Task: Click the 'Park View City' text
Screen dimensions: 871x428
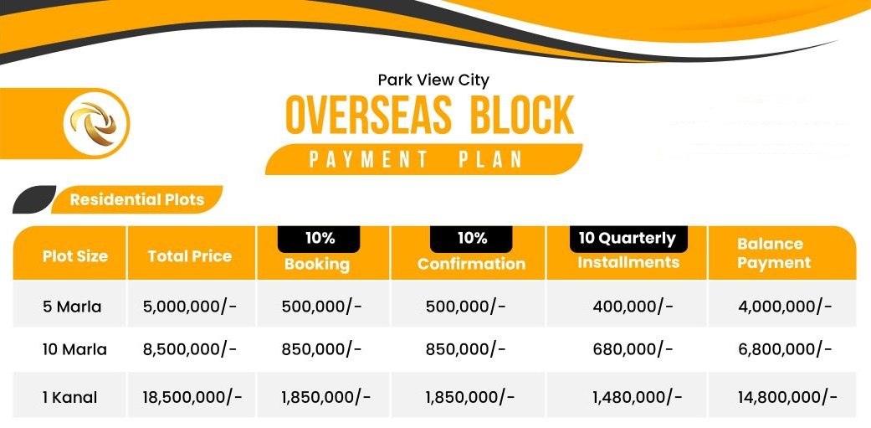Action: pyautogui.click(x=433, y=80)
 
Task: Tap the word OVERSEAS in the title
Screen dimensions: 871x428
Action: pyautogui.click(x=368, y=115)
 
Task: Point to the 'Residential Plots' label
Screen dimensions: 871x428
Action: pyautogui.click(x=137, y=199)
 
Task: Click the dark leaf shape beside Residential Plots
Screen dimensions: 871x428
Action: pyautogui.click(x=33, y=199)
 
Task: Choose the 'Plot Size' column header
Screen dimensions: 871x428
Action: pyautogui.click(x=75, y=256)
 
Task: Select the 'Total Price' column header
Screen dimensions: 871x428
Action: pyautogui.click(x=189, y=256)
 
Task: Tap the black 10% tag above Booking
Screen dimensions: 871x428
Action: pyautogui.click(x=319, y=239)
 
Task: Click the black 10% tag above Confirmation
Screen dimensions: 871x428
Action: pyautogui.click(x=471, y=239)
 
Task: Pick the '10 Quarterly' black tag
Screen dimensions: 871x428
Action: pyautogui.click(x=628, y=239)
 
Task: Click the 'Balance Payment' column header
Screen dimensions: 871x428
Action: pyautogui.click(x=774, y=253)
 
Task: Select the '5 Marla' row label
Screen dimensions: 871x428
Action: pyautogui.click(x=72, y=307)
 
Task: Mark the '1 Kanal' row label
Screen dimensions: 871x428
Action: pyautogui.click(x=69, y=397)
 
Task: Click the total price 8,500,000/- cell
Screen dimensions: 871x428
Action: pyautogui.click(x=189, y=349)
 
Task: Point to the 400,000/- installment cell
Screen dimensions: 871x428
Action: pyautogui.click(x=633, y=306)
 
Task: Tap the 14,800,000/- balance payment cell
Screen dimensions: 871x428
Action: pyautogui.click(x=787, y=397)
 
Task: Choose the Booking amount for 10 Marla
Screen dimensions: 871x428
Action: pyautogui.click(x=321, y=349)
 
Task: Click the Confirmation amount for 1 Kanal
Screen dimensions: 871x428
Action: pyautogui.click(x=470, y=397)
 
